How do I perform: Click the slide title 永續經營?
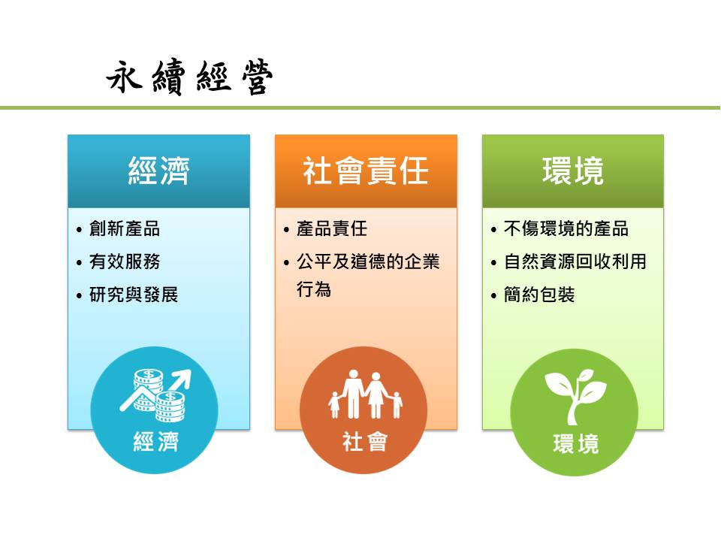coord(189,77)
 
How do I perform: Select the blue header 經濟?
coord(158,171)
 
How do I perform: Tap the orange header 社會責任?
coord(366,171)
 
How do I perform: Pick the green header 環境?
coord(573,171)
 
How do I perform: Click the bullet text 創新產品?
coord(125,228)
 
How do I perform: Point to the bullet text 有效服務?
coord(125,261)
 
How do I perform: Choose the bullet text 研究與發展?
coord(134,295)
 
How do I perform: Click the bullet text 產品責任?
coord(331,228)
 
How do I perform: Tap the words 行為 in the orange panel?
coord(314,289)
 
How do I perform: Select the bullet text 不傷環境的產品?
coord(566,228)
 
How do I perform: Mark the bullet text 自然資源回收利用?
coord(575,261)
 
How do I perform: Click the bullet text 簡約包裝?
coord(539,295)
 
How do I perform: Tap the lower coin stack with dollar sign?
coord(170,407)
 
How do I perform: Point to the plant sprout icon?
coord(575,397)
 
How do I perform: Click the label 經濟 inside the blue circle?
coord(156,442)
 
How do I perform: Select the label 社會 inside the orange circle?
coord(365,442)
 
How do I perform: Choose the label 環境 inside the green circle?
coord(576,444)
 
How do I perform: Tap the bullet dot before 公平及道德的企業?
coord(286,263)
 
